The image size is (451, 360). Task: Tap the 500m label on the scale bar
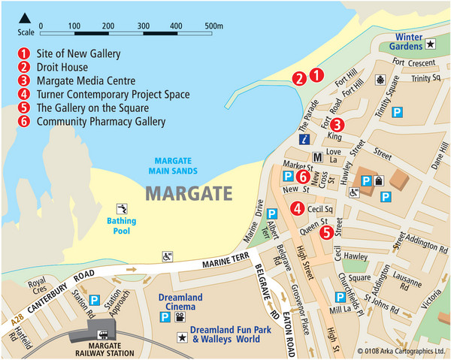tap(215, 26)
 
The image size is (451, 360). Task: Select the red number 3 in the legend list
tap(25, 81)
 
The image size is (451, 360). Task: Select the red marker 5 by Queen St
tap(325, 232)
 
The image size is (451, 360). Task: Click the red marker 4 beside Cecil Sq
tap(298, 209)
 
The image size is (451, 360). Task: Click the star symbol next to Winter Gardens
tap(430, 45)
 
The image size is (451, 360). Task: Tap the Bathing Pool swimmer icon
tap(120, 208)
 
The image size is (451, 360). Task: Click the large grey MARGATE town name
tap(189, 194)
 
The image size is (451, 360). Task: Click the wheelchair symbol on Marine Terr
tap(166, 256)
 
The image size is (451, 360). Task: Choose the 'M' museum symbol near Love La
tap(317, 157)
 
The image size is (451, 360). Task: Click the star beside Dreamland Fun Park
tap(180, 339)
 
